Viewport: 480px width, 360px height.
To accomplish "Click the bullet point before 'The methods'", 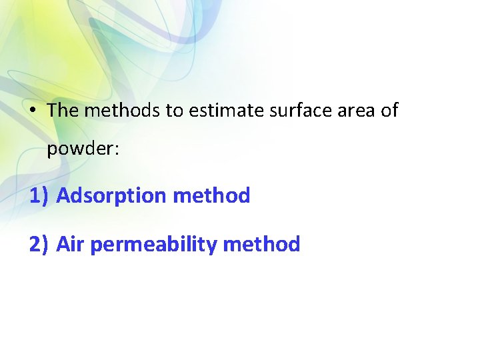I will click(x=33, y=111).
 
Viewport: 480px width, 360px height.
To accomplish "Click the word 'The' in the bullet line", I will click(x=63, y=110).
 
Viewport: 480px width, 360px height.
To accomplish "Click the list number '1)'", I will click(x=39, y=196).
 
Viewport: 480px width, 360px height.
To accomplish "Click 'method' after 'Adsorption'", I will click(x=211, y=195).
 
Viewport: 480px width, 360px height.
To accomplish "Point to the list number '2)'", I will click(x=39, y=245).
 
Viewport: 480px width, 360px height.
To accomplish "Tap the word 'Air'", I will click(x=71, y=245).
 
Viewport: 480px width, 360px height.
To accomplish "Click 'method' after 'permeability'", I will click(x=261, y=245).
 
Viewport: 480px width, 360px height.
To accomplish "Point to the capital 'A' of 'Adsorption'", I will click(x=63, y=196).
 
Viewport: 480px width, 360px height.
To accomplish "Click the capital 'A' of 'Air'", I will click(x=63, y=245).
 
